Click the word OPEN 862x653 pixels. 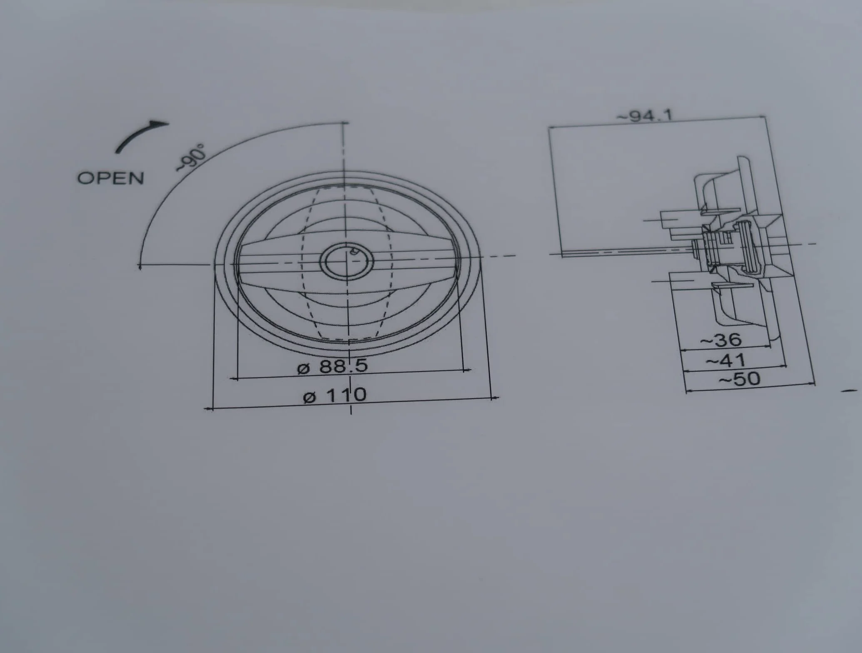[x=111, y=178]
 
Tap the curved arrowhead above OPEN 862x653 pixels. [x=160, y=124]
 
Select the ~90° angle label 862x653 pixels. [x=191, y=157]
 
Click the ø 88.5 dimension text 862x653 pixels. [x=333, y=366]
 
